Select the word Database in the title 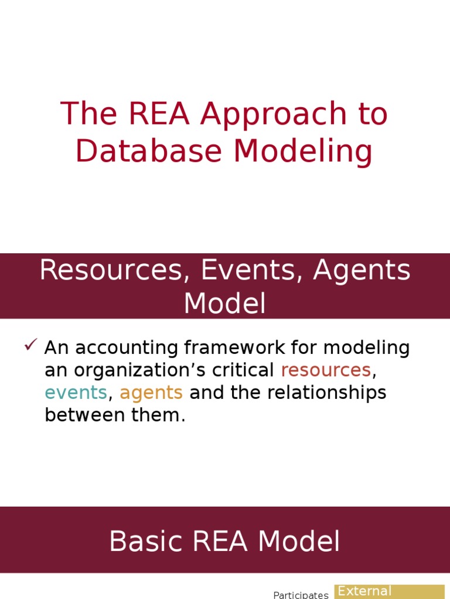click(150, 151)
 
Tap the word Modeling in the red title click(304, 151)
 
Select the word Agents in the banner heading click(362, 270)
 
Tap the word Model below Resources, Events click(225, 304)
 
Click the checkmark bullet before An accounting click(31, 345)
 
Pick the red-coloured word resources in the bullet click(326, 370)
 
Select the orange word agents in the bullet click(151, 393)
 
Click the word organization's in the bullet click(143, 370)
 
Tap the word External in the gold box click(364, 591)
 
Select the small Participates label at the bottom click(301, 595)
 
